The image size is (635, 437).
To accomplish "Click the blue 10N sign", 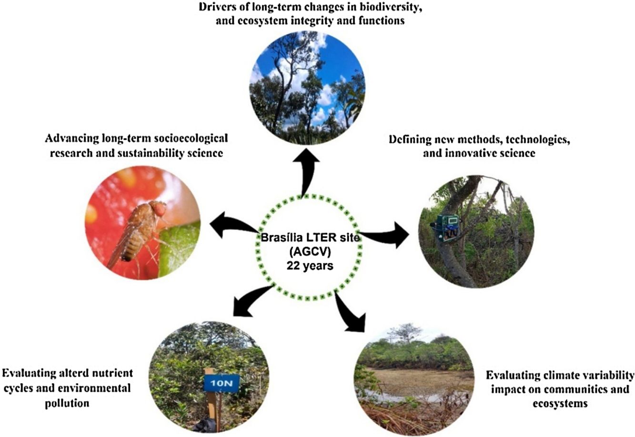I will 221,382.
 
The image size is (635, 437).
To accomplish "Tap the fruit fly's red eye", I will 158,208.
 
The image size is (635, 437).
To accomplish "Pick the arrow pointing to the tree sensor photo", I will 386,234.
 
